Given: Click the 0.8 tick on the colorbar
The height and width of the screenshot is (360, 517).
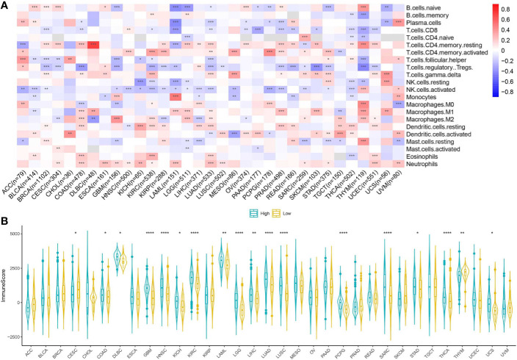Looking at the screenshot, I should [x=507, y=10].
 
